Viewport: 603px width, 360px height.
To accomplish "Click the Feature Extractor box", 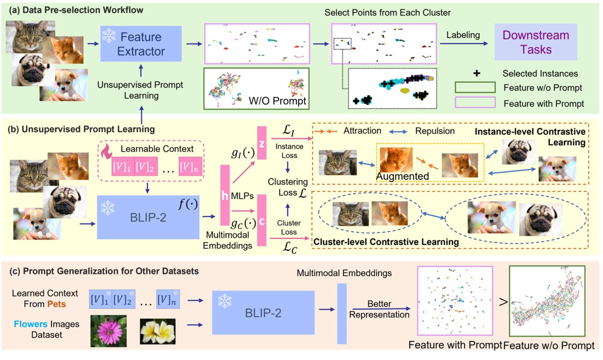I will (141, 44).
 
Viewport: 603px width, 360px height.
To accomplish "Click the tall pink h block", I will (225, 195).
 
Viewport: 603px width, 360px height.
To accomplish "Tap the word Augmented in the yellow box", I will (402, 175).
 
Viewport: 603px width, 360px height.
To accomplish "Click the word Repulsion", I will (435, 131).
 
